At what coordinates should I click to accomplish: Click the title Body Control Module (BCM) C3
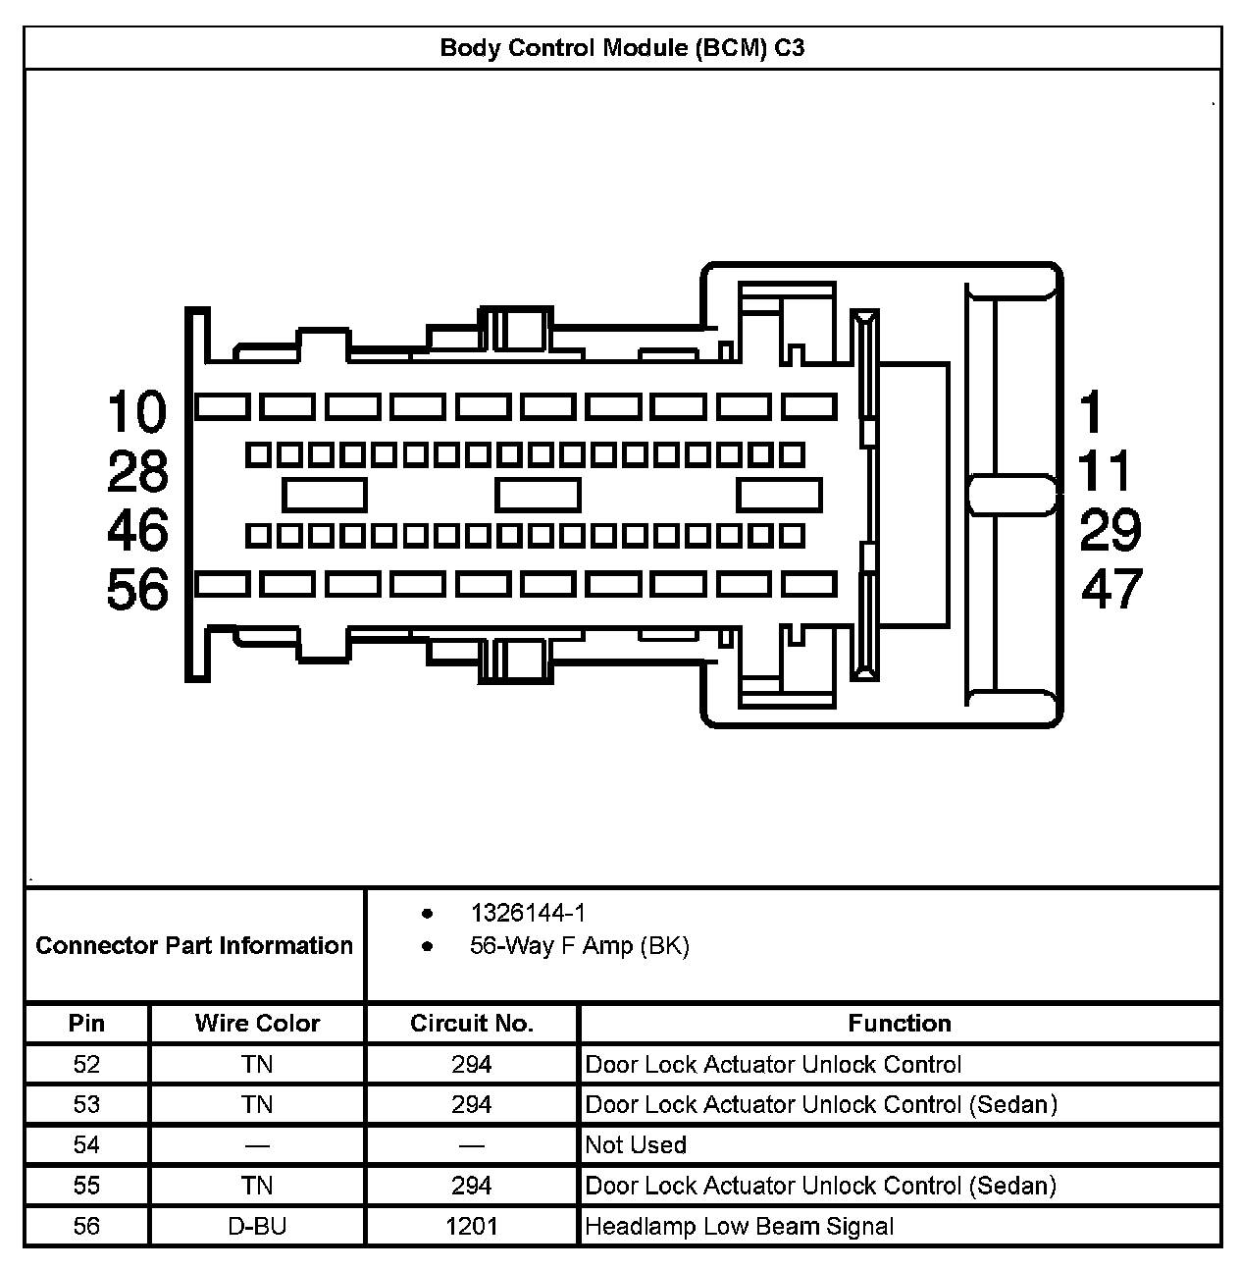(622, 48)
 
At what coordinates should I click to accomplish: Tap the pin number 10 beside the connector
(137, 411)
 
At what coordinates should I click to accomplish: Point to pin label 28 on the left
(137, 472)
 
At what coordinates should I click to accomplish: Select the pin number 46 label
(137, 531)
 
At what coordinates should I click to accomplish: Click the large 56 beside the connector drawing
(137, 590)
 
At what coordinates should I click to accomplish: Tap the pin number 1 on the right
(1091, 411)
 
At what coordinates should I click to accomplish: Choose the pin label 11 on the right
(1106, 472)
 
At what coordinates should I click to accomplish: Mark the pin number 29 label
(1111, 531)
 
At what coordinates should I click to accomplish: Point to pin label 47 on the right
(1112, 590)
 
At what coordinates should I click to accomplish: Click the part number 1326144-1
(528, 914)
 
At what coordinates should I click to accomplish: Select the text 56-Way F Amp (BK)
(579, 947)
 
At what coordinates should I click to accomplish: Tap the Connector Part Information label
(194, 945)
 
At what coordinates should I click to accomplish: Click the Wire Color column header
(257, 1024)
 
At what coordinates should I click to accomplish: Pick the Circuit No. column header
(472, 1024)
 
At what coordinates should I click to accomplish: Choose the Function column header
(900, 1024)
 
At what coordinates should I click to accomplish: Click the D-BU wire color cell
(257, 1226)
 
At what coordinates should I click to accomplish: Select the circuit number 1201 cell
(472, 1226)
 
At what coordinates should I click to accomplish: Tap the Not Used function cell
(636, 1145)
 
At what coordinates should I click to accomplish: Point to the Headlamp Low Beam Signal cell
(740, 1226)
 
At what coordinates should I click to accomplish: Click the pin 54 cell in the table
(86, 1145)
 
